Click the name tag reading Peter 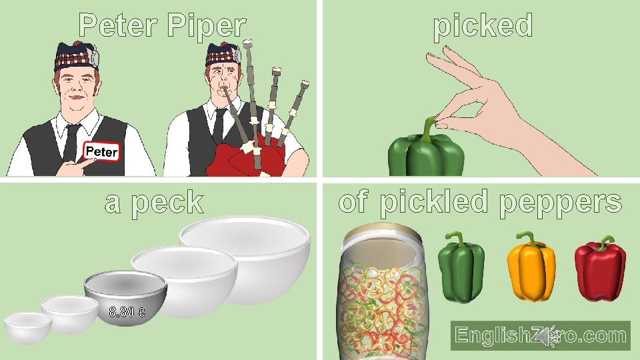(x=101, y=152)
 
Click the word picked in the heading (x=483, y=26)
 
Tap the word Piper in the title (x=207, y=26)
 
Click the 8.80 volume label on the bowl (x=127, y=311)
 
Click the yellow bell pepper (x=531, y=268)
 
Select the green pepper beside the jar (x=461, y=268)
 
